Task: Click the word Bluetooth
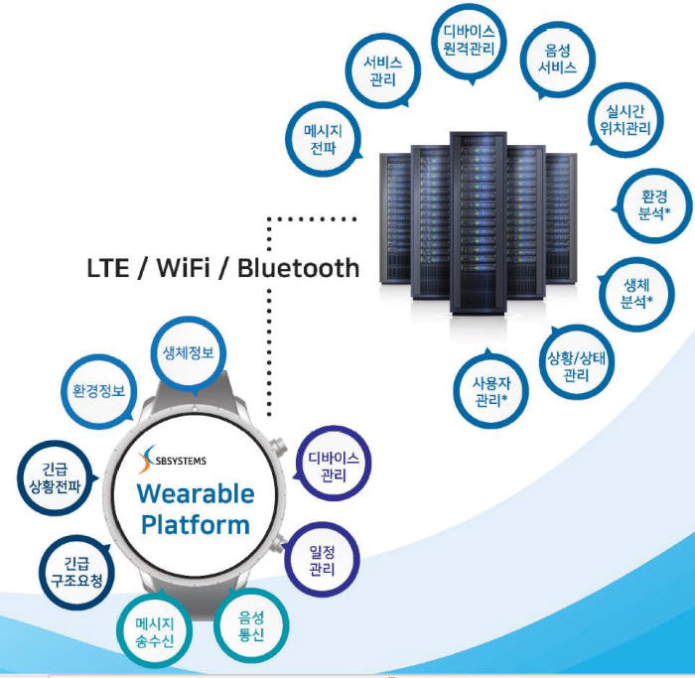tap(298, 268)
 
